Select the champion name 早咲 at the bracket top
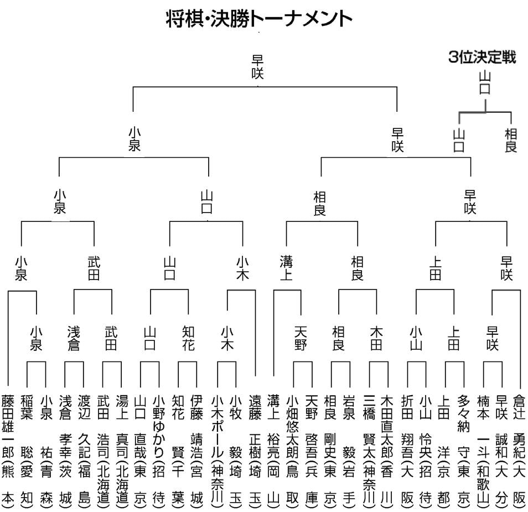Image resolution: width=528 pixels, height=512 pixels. [x=257, y=66]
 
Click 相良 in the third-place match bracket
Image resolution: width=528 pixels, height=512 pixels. [x=511, y=140]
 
